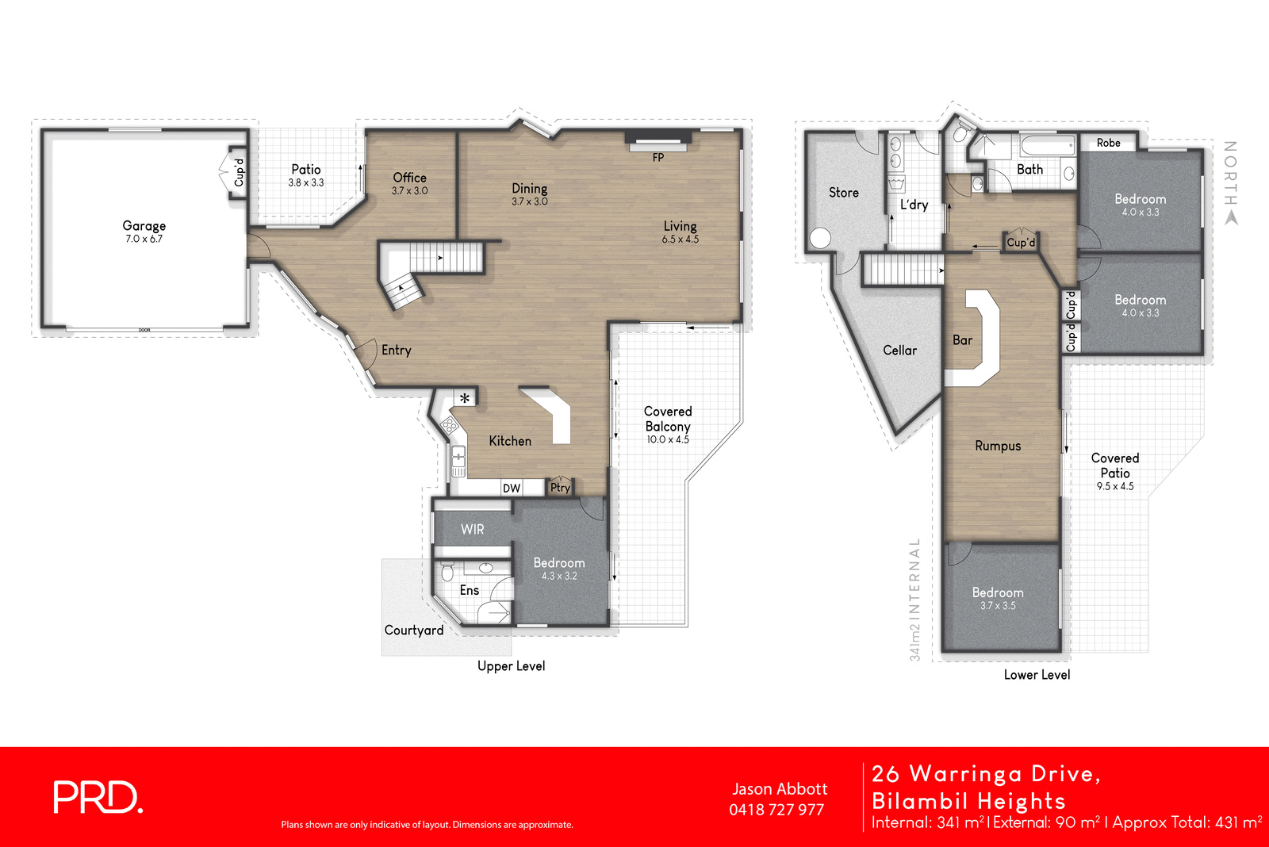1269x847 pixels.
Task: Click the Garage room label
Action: point(144,226)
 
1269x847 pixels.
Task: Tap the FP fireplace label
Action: point(658,158)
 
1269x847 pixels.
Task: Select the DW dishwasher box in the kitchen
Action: point(512,488)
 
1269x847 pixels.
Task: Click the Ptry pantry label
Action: point(560,488)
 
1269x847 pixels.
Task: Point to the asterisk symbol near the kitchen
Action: point(465,398)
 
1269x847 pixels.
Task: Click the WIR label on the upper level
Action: point(472,529)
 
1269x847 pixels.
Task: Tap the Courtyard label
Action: point(414,630)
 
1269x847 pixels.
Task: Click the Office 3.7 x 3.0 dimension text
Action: point(409,191)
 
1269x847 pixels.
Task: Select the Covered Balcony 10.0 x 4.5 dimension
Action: point(667,439)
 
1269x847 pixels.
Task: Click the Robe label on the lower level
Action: point(1108,143)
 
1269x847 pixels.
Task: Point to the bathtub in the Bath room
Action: point(1047,146)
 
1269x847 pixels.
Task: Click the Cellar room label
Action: point(899,351)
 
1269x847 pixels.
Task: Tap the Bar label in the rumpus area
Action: point(962,340)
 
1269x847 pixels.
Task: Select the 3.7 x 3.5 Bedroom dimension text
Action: point(998,606)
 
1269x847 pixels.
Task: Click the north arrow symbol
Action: point(1231,217)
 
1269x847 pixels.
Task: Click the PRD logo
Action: point(98,797)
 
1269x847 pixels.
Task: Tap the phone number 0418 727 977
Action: point(776,810)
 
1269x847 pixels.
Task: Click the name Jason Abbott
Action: point(779,789)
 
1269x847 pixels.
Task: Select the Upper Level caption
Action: point(511,666)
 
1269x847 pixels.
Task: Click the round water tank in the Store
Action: point(820,237)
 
